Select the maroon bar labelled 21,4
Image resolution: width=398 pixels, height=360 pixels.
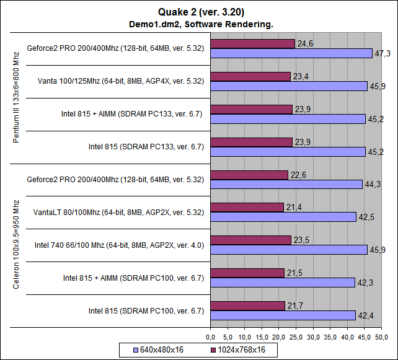click(x=247, y=207)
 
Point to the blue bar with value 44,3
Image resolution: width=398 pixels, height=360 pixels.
click(x=286, y=184)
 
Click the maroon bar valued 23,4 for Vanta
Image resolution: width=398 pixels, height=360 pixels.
click(x=250, y=76)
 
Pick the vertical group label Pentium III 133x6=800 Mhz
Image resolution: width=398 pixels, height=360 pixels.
click(x=17, y=98)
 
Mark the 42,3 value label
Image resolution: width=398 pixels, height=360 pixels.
click(x=365, y=283)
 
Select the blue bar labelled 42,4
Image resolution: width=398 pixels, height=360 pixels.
click(x=283, y=315)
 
